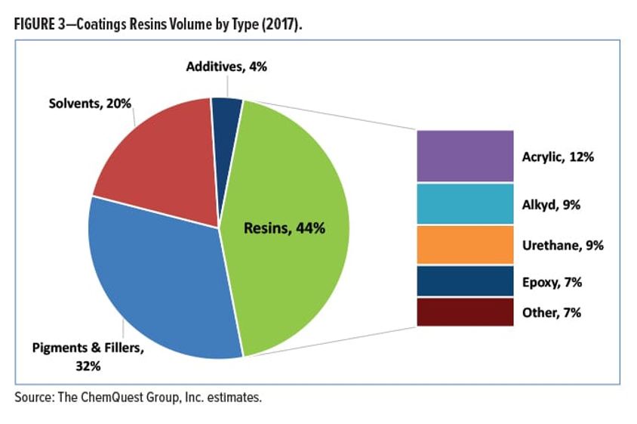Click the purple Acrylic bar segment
pos(465,155)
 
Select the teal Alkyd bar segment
pos(465,203)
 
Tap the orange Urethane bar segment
pos(465,245)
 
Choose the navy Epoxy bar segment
pos(465,281)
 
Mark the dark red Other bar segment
pos(465,311)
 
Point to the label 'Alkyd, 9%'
pos(552,204)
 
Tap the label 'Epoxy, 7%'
pos(552,282)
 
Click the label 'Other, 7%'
pos(552,312)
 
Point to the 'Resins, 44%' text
pos(285,227)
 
